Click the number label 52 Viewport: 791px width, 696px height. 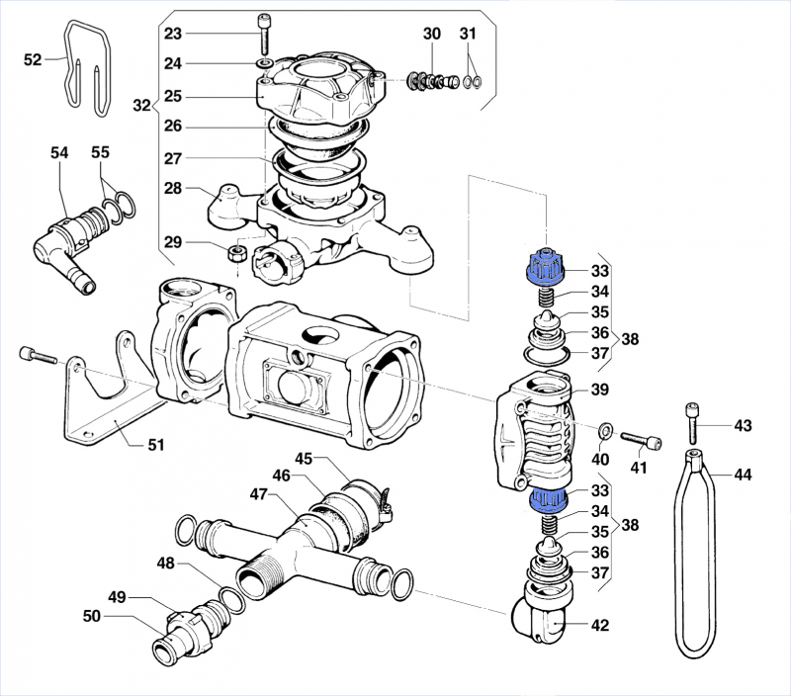pos(33,59)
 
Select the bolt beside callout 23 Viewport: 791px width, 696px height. pos(263,36)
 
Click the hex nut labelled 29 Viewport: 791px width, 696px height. pos(237,253)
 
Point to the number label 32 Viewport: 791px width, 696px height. pos(141,105)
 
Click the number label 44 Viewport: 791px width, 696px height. pos(742,475)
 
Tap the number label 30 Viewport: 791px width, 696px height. pos(432,34)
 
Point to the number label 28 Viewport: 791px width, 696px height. pos(173,188)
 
